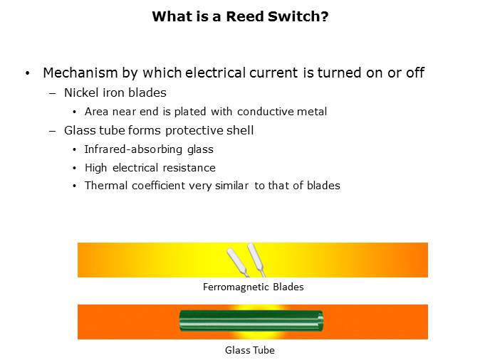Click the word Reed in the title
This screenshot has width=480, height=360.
(244, 16)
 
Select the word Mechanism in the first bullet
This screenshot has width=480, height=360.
(80, 73)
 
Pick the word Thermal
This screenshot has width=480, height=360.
(106, 186)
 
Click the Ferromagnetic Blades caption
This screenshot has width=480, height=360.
(253, 287)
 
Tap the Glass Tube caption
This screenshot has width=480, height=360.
(250, 350)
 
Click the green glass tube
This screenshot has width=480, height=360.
(251, 321)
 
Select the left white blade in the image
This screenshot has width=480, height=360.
(238, 262)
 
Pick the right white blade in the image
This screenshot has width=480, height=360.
(256, 260)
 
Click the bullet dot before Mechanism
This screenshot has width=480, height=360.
(28, 73)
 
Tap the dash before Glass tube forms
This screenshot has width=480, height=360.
(53, 131)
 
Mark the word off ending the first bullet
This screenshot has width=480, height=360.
(415, 73)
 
